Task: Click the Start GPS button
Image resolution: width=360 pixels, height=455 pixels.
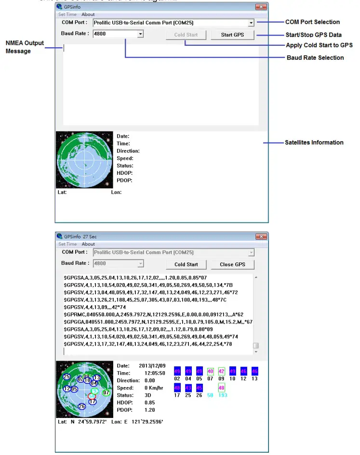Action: coord(232,35)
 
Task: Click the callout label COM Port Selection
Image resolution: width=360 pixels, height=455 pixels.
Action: coord(312,22)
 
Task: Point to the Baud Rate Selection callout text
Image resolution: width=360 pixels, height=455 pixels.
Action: coord(315,58)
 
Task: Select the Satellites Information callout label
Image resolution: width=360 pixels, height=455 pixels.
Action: coord(314,143)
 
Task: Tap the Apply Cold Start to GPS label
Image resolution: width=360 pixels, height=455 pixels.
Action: coord(319,45)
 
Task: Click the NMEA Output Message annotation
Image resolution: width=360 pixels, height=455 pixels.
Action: coord(25,47)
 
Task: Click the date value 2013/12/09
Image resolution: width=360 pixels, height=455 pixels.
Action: coord(152,366)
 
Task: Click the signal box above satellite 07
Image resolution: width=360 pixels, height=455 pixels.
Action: coord(210,371)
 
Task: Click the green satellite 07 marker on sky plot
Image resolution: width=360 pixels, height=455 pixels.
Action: coord(107,392)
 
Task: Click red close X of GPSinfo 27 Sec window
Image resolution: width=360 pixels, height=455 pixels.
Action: coord(261,236)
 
